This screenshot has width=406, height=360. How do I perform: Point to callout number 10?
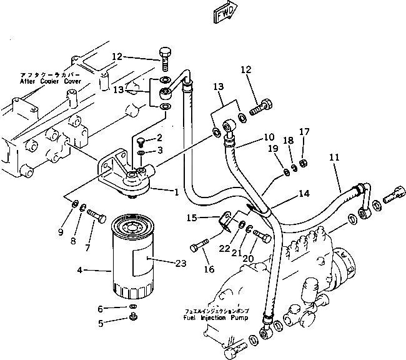tap(268, 136)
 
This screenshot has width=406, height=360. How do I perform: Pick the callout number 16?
tap(209, 269)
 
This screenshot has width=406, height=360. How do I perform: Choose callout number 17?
tap(304, 131)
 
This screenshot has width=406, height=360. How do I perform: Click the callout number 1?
tap(177, 192)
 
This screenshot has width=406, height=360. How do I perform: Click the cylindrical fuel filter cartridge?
tap(132, 256)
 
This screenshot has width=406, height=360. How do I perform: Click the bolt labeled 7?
tap(96, 215)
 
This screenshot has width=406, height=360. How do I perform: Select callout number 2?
tap(159, 137)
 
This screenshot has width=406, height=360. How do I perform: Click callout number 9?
tap(61, 232)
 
